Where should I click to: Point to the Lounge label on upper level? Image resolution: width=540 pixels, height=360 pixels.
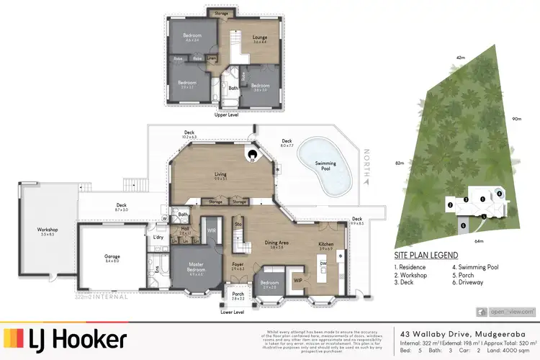click(x=259, y=39)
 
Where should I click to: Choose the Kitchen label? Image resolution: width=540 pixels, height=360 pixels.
click(x=327, y=246)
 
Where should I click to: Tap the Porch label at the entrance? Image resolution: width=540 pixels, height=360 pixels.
click(x=238, y=296)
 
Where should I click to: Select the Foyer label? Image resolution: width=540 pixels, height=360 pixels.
click(x=238, y=264)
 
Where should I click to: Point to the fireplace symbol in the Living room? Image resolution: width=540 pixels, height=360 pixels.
click(x=253, y=154)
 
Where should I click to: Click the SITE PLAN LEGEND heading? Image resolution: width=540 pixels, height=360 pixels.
click(x=426, y=255)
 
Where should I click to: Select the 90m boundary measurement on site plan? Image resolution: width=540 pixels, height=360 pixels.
click(x=516, y=119)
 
